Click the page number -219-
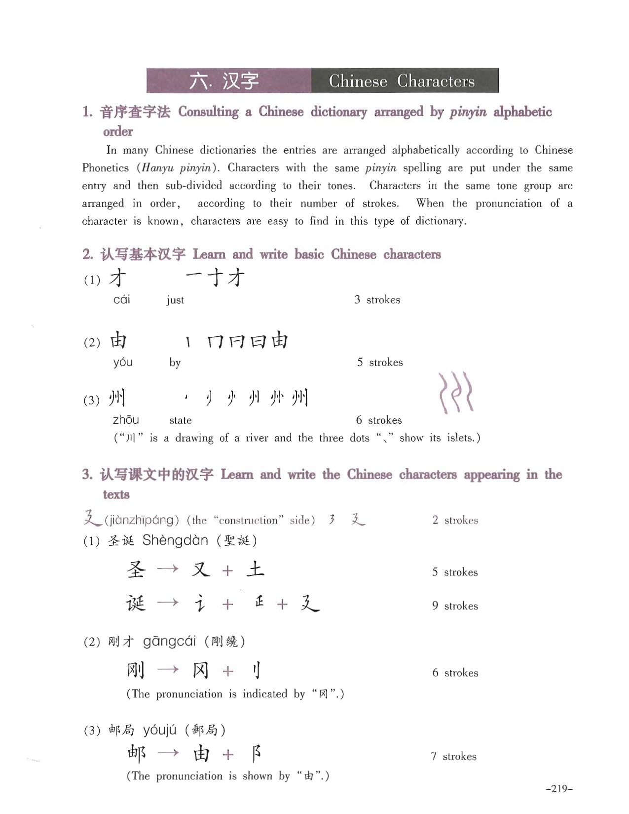tap(559, 789)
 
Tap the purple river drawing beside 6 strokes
tap(455, 393)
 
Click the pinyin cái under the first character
tap(121, 299)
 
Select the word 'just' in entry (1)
tap(175, 300)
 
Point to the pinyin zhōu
tap(126, 420)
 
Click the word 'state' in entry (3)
tap(180, 420)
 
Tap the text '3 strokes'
tap(377, 300)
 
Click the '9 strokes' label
tap(455, 606)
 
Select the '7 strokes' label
tap(453, 756)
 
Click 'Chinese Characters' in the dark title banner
tap(402, 81)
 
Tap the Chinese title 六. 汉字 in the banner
tap(224, 81)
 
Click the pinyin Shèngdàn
tap(175, 540)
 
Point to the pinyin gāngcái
tap(169, 642)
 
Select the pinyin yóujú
tap(159, 730)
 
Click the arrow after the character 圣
tap(168, 570)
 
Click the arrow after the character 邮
tap(168, 753)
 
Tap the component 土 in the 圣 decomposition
tap(256, 570)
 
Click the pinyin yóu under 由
tap(123, 362)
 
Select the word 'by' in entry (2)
tap(175, 363)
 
